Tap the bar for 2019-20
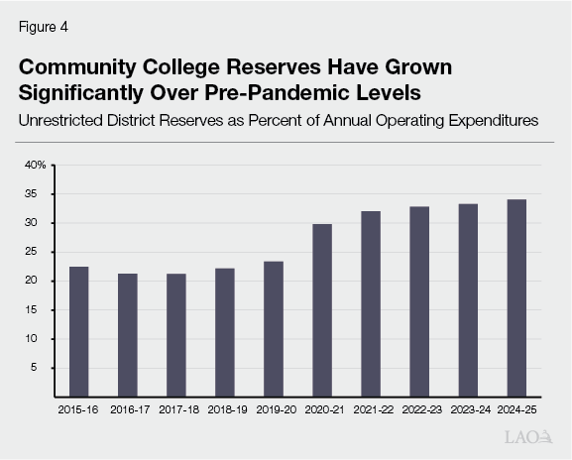point(274,328)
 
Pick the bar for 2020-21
point(322,309)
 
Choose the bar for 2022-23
point(419,301)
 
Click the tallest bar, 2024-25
point(516,297)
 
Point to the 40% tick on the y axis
point(36,165)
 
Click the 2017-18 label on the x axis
point(175,409)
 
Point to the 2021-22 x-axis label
point(371,409)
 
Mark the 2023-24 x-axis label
point(468,409)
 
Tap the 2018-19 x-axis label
point(224,409)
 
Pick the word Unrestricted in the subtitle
point(66,121)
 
